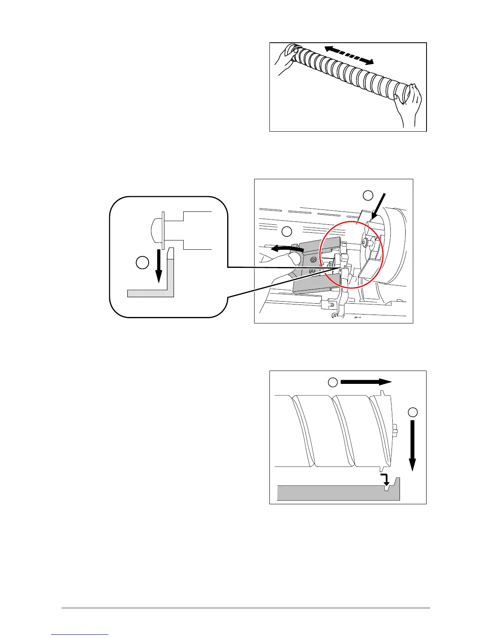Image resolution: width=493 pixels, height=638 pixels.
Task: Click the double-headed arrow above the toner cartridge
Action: [x=349, y=55]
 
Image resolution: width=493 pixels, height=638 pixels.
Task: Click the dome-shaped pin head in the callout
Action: [x=154, y=230]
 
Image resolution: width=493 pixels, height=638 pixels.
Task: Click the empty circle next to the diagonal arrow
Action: [x=368, y=196]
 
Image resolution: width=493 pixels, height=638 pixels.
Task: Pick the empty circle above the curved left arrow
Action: [x=286, y=231]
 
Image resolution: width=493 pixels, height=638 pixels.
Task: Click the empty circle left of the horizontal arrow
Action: [x=332, y=382]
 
